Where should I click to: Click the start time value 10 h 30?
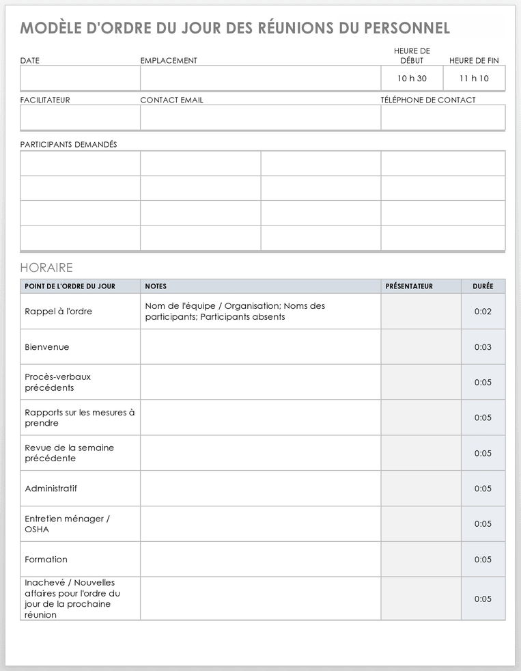tap(412, 79)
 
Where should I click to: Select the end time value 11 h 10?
tap(474, 79)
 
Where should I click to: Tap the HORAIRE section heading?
tap(46, 268)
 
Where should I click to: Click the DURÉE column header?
tap(483, 286)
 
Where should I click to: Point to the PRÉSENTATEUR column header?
tap(409, 286)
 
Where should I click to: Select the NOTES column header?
tap(156, 286)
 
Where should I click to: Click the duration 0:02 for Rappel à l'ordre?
tap(483, 312)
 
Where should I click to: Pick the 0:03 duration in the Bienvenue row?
tap(483, 347)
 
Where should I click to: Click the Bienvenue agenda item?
tap(47, 347)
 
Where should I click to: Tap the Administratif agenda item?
tap(51, 489)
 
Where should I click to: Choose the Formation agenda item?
tap(46, 560)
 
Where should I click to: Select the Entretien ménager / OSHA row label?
tap(67, 524)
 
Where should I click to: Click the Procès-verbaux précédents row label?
tap(57, 382)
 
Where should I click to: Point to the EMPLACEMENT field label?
tap(169, 61)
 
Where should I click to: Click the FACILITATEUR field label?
tap(45, 100)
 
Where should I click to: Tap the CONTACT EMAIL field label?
tap(171, 100)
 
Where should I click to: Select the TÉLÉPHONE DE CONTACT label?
tap(428, 100)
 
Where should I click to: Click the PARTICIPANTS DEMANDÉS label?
tap(68, 145)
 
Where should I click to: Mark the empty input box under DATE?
tap(80, 79)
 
